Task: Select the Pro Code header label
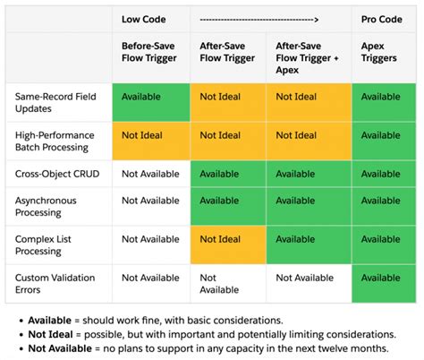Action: [380, 18]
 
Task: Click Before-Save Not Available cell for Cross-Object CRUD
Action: [150, 174]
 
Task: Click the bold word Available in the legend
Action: [52, 320]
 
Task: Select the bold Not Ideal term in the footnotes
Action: [52, 334]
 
